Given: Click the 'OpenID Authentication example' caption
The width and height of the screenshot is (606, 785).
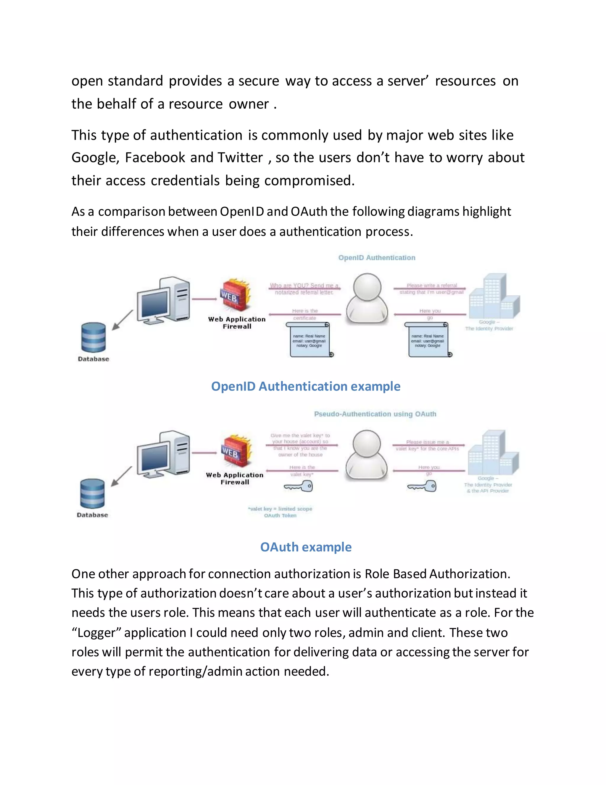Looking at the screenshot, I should pyautogui.click(x=305, y=386).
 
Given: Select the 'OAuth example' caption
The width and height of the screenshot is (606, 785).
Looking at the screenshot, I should pyautogui.click(x=305, y=547).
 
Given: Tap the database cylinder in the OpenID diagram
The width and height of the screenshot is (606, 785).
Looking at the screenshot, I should pyautogui.click(x=93, y=337).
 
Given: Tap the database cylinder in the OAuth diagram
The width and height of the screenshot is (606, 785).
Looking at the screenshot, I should pyautogui.click(x=92, y=494).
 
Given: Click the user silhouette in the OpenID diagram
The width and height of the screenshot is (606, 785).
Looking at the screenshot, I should pyautogui.click(x=367, y=298).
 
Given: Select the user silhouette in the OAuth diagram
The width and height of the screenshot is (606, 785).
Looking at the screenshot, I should pyautogui.click(x=367, y=455).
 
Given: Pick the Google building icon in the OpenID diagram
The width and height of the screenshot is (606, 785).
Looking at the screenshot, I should pyautogui.click(x=494, y=296).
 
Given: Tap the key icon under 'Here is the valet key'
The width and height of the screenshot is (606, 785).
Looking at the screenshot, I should pyautogui.click(x=299, y=487).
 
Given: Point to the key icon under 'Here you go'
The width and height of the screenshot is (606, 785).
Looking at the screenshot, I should pyautogui.click(x=422, y=487).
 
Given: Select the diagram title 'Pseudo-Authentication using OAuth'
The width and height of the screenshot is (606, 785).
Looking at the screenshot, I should pyautogui.click(x=375, y=414).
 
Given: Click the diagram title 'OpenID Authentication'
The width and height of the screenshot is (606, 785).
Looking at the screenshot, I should pyautogui.click(x=377, y=258).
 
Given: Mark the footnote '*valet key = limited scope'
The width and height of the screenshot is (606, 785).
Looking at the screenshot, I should pyautogui.click(x=280, y=509).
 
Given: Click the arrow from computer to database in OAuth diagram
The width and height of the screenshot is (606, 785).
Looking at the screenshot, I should pyautogui.click(x=122, y=477).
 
